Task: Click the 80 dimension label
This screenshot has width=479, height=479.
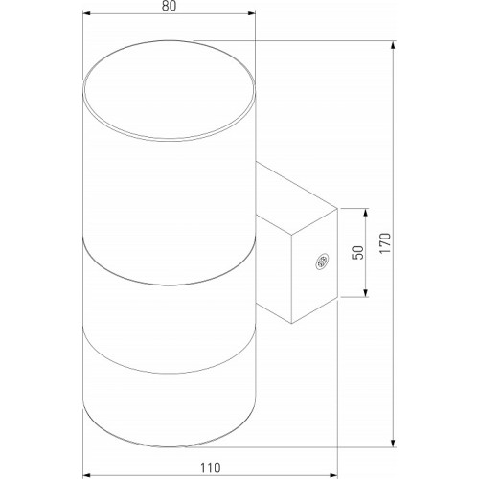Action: point(169,6)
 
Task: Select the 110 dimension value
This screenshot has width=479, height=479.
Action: point(211,468)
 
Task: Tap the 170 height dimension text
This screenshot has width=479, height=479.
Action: point(385,243)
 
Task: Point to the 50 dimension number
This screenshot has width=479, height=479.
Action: point(358,253)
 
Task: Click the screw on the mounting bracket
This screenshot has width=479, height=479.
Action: point(321,262)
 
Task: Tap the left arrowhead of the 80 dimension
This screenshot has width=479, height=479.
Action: point(86,13)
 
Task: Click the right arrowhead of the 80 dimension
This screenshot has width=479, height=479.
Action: point(252,13)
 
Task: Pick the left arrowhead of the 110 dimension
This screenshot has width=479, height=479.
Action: point(86,475)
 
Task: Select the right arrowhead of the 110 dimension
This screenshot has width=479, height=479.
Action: point(333,475)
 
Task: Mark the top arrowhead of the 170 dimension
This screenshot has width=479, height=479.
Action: point(394,45)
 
